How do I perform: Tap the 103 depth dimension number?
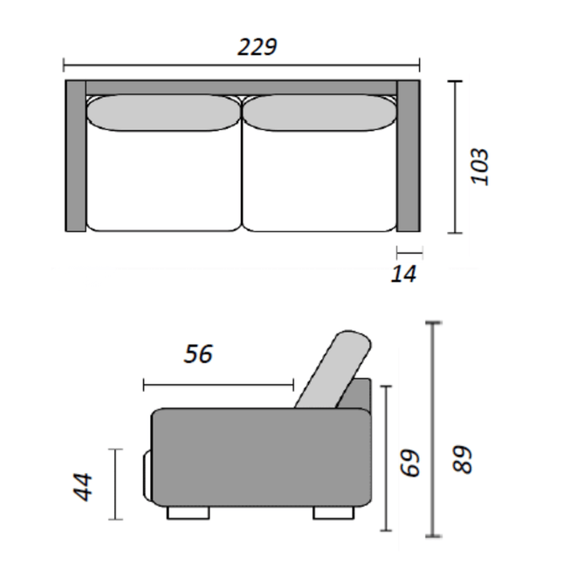pyautogui.click(x=479, y=166)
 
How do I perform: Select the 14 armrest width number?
pyautogui.click(x=404, y=274)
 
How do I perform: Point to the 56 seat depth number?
pyautogui.click(x=198, y=354)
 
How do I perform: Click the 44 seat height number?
pyautogui.click(x=84, y=486)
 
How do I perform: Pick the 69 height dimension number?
pyautogui.click(x=412, y=462)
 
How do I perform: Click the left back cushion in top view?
pyautogui.click(x=163, y=112)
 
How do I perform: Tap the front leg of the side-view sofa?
pyautogui.click(x=188, y=512)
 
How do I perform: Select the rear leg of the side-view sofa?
pyautogui.click(x=331, y=512)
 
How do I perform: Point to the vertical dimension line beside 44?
pyautogui.click(x=114, y=484)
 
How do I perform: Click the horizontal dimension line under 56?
pyautogui.click(x=218, y=384)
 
